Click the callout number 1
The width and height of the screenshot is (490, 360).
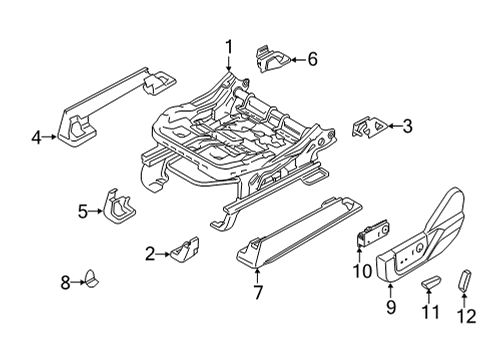(228, 45)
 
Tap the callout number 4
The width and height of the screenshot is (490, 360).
(37, 138)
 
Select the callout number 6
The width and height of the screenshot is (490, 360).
(312, 60)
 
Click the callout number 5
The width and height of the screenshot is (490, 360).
(83, 210)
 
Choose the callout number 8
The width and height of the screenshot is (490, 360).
(65, 283)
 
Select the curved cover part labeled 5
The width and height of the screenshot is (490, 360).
(123, 207)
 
